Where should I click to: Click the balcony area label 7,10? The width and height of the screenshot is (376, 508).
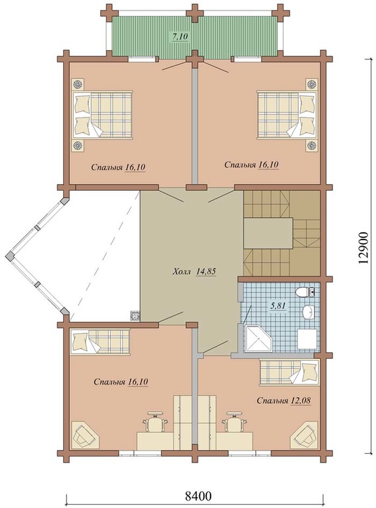click(179, 36)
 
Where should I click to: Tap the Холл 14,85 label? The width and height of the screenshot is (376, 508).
click(195, 272)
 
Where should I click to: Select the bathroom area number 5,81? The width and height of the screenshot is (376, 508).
click(278, 305)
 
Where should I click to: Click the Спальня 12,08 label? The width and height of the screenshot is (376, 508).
click(284, 400)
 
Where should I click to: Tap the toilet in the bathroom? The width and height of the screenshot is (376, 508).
click(304, 292)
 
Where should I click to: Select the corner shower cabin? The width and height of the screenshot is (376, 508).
click(259, 338)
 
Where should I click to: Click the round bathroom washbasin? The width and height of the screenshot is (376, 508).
click(309, 312)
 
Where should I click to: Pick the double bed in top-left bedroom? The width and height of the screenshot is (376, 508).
click(102, 115)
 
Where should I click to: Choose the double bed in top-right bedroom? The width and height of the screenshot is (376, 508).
click(286, 115)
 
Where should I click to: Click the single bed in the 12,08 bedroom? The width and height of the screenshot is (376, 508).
click(289, 373)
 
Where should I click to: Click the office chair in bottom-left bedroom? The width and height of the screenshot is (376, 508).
click(155, 422)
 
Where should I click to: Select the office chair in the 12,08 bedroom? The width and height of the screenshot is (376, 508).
click(234, 422)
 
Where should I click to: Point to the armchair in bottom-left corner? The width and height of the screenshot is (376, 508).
click(85, 435)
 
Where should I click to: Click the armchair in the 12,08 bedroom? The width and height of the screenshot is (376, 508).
click(304, 435)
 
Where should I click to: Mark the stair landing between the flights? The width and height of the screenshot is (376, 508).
click(268, 234)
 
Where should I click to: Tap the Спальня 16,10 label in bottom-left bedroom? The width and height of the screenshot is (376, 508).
click(121, 382)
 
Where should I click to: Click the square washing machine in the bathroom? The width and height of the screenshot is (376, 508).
click(307, 339)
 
